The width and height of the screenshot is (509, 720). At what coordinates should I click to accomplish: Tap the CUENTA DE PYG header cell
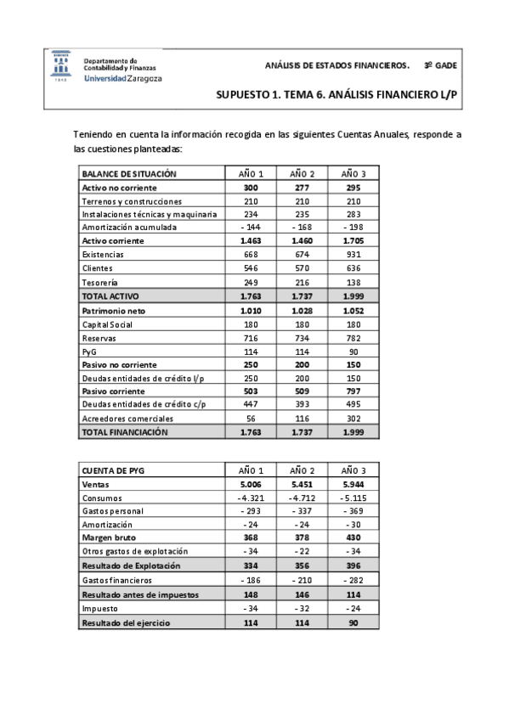coord(111,470)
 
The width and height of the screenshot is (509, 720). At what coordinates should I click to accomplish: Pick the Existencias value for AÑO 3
coord(353,255)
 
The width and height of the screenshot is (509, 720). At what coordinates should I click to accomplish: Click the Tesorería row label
coord(100,282)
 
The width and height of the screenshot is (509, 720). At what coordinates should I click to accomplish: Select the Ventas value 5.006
coord(252,483)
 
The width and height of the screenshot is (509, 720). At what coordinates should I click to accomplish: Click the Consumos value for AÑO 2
coord(302,498)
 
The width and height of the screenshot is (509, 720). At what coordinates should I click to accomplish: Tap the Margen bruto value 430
coord(353,538)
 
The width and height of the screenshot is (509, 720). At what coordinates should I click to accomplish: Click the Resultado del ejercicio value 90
coord(353,622)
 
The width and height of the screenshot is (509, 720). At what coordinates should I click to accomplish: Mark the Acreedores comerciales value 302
coord(353,419)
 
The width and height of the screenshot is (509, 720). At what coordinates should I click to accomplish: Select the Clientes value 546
coord(252,268)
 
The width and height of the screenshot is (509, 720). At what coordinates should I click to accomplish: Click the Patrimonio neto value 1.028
coord(302,310)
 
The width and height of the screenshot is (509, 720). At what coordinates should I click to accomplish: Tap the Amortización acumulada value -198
coord(353,228)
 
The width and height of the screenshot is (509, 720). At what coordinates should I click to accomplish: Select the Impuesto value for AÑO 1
coord(252,608)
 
